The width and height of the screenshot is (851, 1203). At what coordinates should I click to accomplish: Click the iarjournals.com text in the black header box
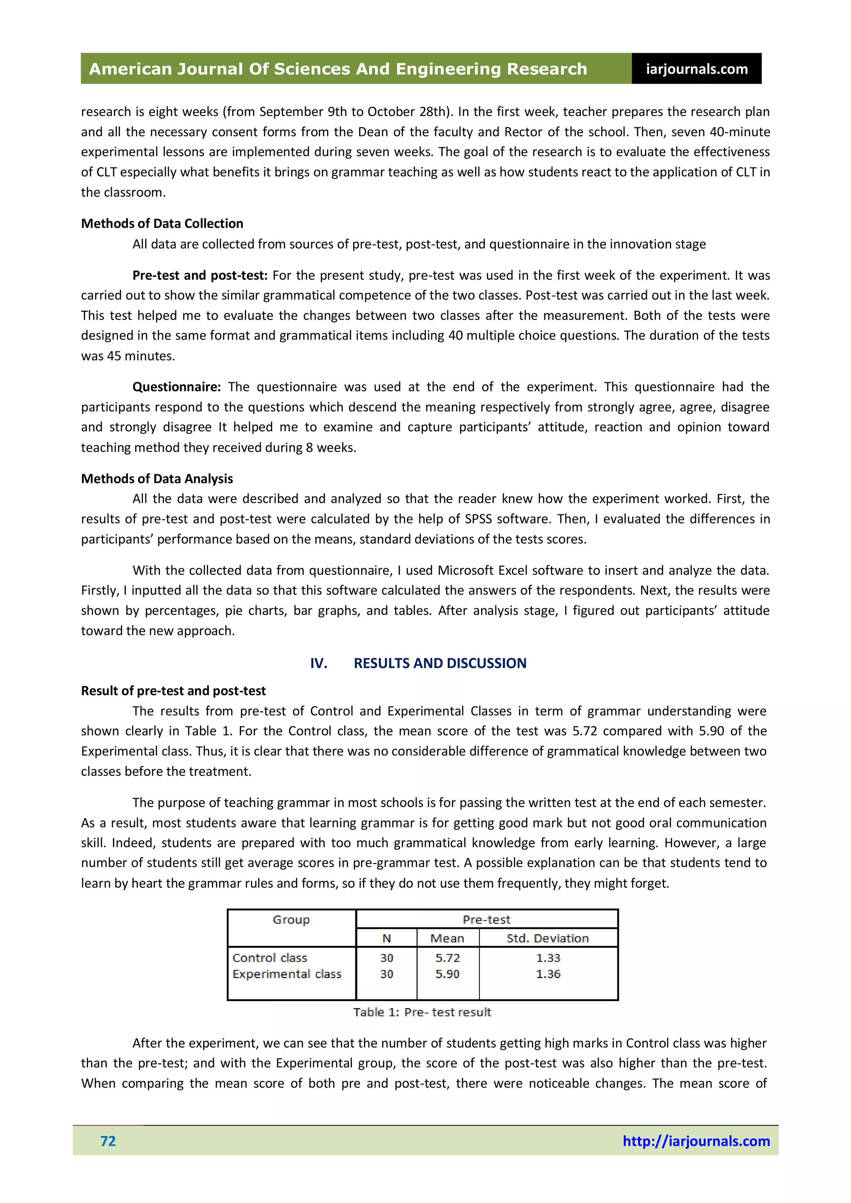pos(696,69)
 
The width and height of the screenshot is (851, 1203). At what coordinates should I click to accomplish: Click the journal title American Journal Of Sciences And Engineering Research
pos(338,69)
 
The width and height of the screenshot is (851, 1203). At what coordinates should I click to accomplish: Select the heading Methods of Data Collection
pos(162,224)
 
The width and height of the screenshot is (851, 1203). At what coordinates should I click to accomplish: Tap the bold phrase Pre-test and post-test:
pos(199,276)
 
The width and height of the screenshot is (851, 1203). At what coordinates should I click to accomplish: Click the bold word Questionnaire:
pos(177,387)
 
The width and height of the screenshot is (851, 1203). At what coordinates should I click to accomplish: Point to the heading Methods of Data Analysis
pos(157,479)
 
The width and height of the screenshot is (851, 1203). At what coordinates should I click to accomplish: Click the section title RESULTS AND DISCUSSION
pos(440,663)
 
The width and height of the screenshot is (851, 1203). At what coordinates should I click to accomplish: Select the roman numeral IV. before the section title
pos(319,663)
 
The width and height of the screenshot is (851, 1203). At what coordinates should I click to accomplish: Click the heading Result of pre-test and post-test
pos(173,691)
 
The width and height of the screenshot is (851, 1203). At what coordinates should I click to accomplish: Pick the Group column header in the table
pos(291,920)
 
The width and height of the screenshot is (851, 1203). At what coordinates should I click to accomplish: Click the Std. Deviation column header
pos(548,938)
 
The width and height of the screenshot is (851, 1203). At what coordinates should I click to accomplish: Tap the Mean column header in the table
pos(447,938)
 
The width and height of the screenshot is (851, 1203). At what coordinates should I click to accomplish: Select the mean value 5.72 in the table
pos(447,958)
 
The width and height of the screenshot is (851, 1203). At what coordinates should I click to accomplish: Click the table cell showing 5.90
pos(447,974)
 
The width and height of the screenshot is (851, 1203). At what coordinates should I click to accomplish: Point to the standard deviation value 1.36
pos(548,974)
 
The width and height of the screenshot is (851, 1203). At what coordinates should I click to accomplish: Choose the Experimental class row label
pos(287,974)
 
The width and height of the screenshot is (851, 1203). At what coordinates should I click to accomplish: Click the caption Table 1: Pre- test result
pos(422,1012)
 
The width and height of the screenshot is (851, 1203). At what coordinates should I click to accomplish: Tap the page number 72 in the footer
pos(108,1141)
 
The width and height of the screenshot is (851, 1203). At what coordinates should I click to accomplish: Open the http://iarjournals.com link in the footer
pos(696,1141)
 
